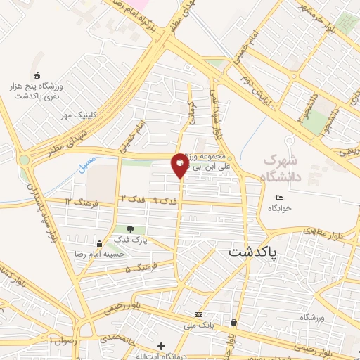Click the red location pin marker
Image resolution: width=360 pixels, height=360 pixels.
pos(179,165)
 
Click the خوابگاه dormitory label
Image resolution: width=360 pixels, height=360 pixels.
pos(279,209)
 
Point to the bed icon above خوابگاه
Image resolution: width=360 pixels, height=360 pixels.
pos(279,198)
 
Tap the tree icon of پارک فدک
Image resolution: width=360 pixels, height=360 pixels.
pos(129,229)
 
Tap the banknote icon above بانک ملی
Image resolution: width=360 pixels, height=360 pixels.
pos(199,314)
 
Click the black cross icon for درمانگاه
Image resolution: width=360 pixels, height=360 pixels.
pos(161,345)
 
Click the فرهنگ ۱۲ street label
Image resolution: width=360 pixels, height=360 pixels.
pos(77,202)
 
